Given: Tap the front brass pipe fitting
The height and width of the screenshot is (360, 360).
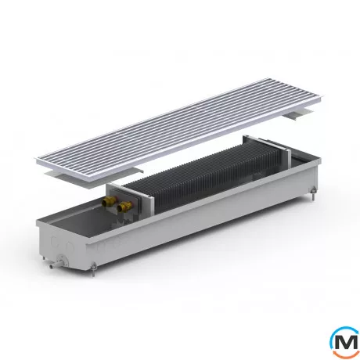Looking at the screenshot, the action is (x=122, y=207).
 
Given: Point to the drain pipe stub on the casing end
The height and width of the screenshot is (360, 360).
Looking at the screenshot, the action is (x=54, y=265).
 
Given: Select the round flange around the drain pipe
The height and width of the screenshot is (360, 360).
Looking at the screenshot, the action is (x=62, y=260).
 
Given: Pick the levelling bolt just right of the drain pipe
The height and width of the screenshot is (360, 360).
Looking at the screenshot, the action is (x=94, y=268).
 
